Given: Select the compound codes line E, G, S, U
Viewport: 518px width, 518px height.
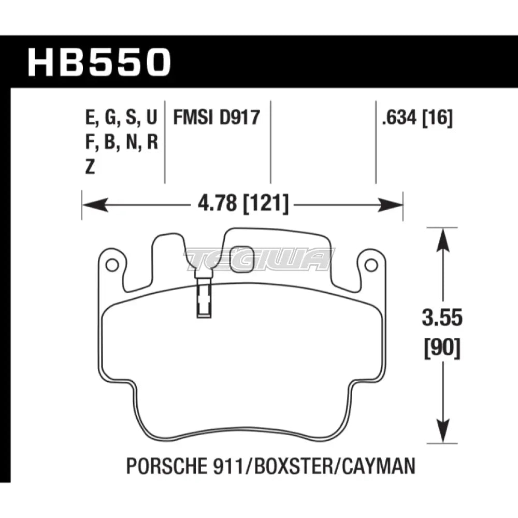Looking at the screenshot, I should [x=120, y=119].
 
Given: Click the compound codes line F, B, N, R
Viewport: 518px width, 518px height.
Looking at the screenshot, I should [x=120, y=143].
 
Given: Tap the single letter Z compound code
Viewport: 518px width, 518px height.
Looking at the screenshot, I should [x=90, y=168].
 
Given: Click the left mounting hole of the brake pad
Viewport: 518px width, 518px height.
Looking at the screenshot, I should [x=111, y=265].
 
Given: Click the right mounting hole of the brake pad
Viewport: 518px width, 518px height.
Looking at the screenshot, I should [x=370, y=265].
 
